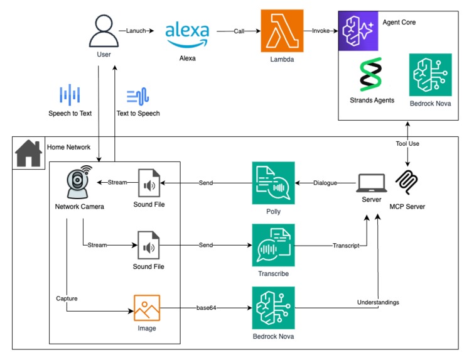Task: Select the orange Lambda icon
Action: (282, 31)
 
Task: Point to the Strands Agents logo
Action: (370, 74)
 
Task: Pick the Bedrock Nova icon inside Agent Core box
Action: (429, 75)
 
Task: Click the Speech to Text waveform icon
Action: (70, 95)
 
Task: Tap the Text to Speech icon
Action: (137, 95)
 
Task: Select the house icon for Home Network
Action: (28, 154)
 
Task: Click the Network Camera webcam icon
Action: (78, 182)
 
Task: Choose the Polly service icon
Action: (273, 183)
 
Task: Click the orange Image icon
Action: (147, 308)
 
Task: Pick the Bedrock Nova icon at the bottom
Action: (273, 308)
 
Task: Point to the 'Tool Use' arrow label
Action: (407, 144)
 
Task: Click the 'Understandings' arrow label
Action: (377, 302)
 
